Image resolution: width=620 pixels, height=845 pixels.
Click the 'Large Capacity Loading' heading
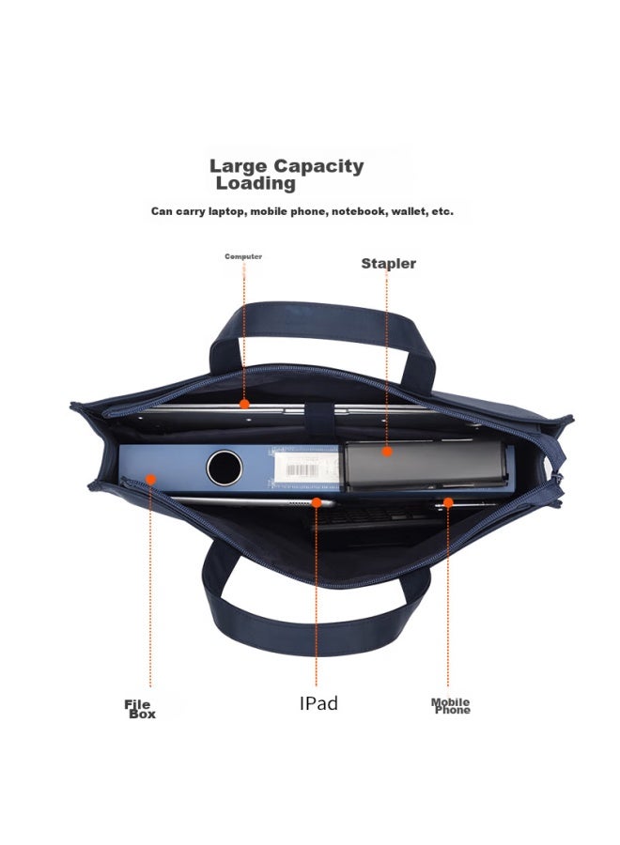pyautogui.click(x=287, y=175)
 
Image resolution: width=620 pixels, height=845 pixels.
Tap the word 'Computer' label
pyautogui.click(x=243, y=256)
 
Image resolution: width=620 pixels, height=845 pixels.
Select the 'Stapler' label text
pyautogui.click(x=388, y=264)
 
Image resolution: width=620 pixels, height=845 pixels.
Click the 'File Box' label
pyautogui.click(x=140, y=709)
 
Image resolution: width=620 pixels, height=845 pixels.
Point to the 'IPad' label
pyautogui.click(x=318, y=703)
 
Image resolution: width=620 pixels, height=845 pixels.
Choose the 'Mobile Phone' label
pyautogui.click(x=451, y=706)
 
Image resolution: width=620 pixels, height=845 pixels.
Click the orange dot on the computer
pyautogui.click(x=244, y=404)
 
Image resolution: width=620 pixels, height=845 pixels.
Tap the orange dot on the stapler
pyautogui.click(x=386, y=452)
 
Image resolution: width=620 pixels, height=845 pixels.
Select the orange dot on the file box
pyautogui.click(x=151, y=479)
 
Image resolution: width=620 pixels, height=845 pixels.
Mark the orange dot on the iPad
pyautogui.click(x=317, y=503)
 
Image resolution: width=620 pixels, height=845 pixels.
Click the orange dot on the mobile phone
pyautogui.click(x=447, y=503)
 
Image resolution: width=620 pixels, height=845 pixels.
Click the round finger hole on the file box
pyautogui.click(x=225, y=468)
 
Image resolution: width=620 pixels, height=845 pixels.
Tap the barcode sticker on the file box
pyautogui.click(x=306, y=468)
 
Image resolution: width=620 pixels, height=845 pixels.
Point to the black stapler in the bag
pyautogui.click(x=426, y=466)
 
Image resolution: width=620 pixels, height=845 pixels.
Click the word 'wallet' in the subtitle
pyautogui.click(x=408, y=211)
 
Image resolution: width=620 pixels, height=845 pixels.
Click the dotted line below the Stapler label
pyautogui.click(x=386, y=360)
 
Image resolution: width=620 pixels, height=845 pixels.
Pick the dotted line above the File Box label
pyautogui.click(x=150, y=586)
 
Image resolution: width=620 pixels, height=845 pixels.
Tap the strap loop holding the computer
pyautogui.click(x=318, y=417)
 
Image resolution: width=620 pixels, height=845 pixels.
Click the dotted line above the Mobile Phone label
pyautogui.click(x=447, y=597)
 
